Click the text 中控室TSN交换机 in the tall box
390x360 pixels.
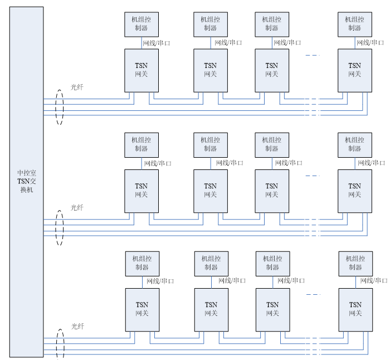(x=26, y=181)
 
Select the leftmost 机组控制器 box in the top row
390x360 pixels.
(x=141, y=24)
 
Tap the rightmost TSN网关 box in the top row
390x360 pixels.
(x=355, y=70)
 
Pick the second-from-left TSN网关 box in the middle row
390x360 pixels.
(x=210, y=191)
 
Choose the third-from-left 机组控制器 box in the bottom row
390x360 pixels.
(x=272, y=263)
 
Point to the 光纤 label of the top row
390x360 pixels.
(x=77, y=87)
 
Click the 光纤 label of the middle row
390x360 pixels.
(x=77, y=208)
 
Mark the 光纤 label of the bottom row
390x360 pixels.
(x=77, y=326)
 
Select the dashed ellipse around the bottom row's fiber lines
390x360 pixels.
(x=60, y=346)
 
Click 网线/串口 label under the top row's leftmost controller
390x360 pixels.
(x=157, y=43)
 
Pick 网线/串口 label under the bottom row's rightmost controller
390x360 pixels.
(x=374, y=281)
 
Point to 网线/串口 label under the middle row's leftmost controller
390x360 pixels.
(x=158, y=163)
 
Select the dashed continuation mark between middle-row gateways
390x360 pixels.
(x=313, y=176)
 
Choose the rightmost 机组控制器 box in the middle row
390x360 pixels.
(x=354, y=144)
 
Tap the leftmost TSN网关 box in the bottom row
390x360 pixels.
(x=142, y=309)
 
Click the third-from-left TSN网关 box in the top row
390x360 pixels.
(x=271, y=70)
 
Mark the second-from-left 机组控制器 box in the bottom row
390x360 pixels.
(x=211, y=263)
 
